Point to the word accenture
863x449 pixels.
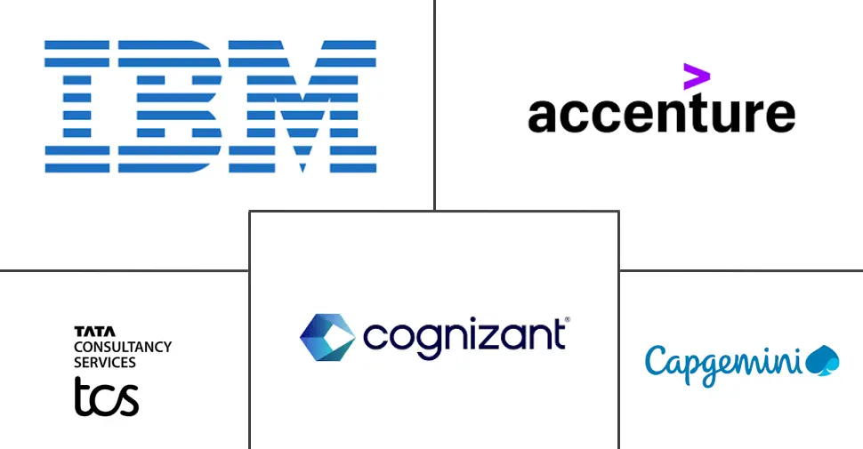coord(660,115)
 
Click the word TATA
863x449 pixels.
coord(89,332)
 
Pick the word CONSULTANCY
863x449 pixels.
coord(123,347)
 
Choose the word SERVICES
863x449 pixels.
coord(105,362)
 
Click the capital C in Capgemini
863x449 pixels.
coord(657,360)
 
